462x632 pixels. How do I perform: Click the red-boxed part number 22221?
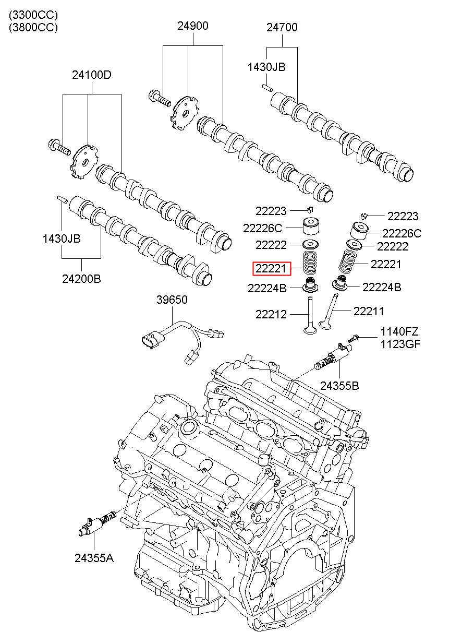271,268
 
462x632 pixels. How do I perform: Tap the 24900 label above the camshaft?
193,26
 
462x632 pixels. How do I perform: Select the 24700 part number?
282,27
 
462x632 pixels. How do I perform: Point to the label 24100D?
92,75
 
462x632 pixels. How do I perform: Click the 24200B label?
81,279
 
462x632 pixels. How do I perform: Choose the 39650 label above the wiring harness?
172,300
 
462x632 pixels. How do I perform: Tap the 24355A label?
94,542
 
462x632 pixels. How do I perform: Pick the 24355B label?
339,386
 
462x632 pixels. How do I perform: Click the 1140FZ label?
399,331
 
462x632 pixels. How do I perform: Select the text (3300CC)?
33,15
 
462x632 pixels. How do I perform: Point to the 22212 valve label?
271,314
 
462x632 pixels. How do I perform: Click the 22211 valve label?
369,311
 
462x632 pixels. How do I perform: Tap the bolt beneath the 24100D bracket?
59,147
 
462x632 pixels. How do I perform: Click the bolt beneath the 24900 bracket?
159,98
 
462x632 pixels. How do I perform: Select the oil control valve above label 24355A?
96,523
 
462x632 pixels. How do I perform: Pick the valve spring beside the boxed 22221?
310,263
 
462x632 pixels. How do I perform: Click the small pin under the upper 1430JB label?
267,88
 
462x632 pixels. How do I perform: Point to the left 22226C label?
262,228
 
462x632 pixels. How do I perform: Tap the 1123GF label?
400,344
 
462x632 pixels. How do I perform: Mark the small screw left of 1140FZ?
355,337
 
